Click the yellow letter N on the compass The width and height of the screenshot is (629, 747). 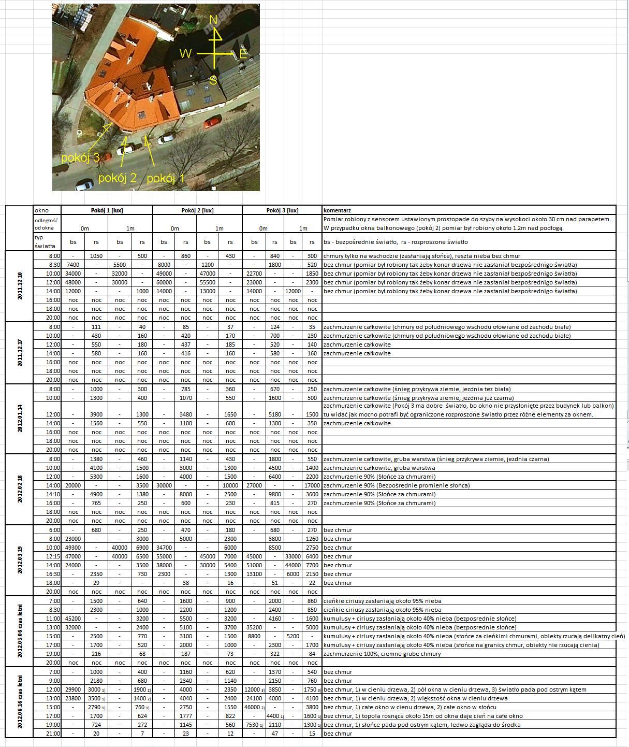[x=213, y=20]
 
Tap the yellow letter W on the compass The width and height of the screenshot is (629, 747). [x=185, y=53]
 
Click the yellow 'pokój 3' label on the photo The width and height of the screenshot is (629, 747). [x=80, y=158]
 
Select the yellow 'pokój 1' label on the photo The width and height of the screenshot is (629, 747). [x=166, y=179]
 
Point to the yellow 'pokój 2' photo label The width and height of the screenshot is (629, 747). [x=117, y=178]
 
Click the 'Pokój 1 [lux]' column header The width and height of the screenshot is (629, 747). [x=107, y=210]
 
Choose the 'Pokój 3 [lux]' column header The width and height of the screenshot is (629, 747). [x=282, y=210]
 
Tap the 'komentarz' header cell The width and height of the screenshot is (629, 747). [x=337, y=210]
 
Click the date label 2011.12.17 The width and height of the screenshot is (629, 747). [x=20, y=353]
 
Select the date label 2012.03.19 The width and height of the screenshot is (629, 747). [x=20, y=560]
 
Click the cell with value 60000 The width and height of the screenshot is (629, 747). [x=164, y=282]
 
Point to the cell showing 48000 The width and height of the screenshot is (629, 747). [x=72, y=282]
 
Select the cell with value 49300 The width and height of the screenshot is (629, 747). [x=72, y=548]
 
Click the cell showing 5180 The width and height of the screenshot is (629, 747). [x=274, y=414]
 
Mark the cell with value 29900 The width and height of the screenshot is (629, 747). [x=72, y=689]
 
